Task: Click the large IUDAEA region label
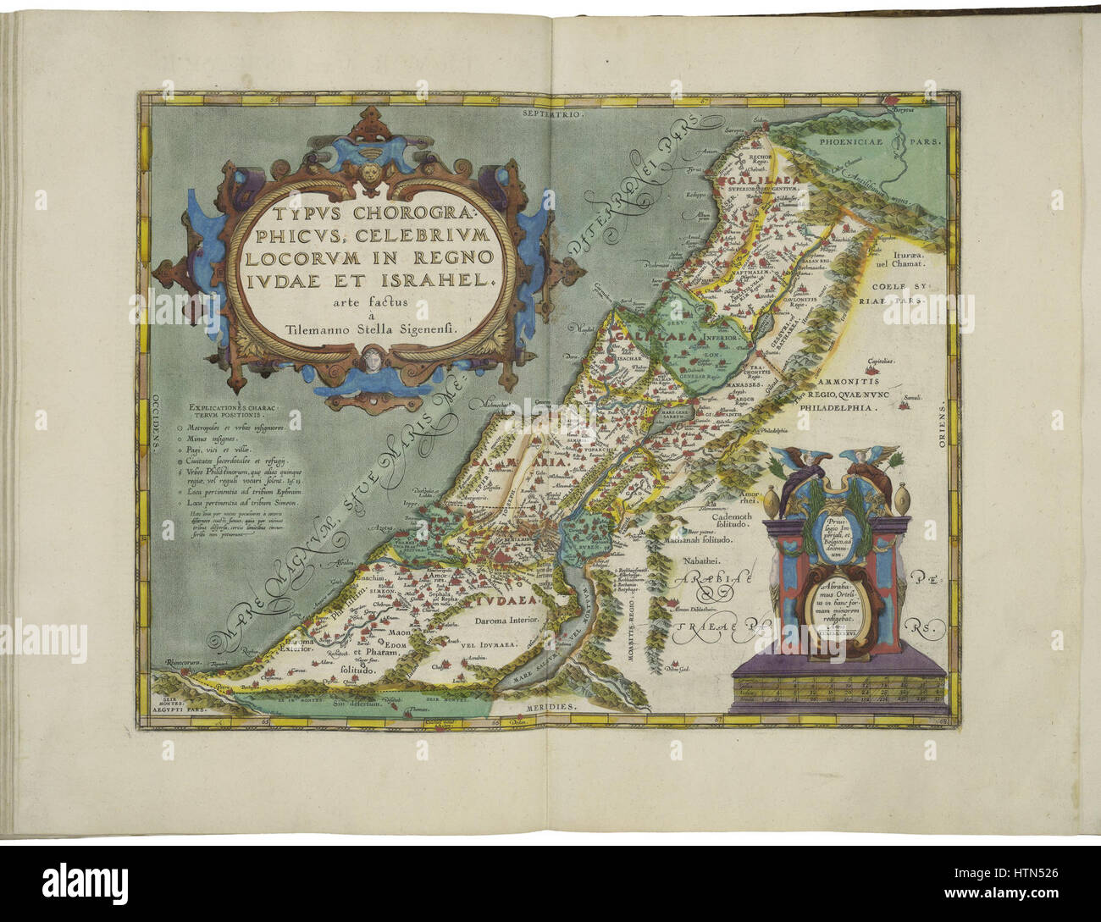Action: click(490, 602)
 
